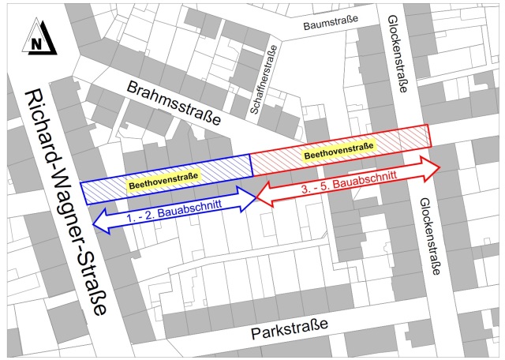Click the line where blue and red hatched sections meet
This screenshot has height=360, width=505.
(251, 164)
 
